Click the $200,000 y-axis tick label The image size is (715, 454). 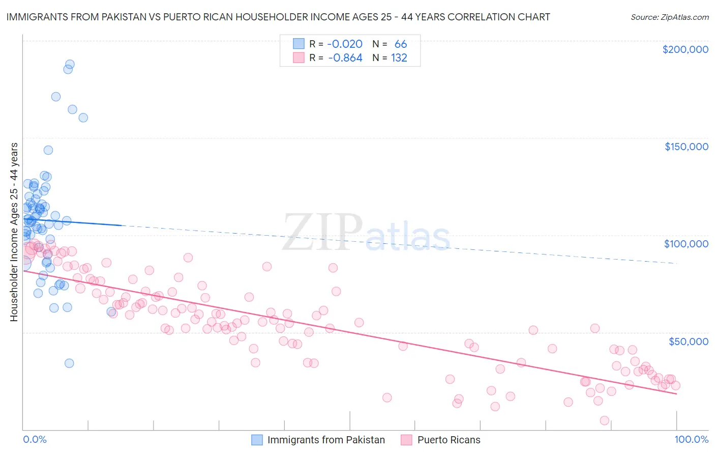click(685, 49)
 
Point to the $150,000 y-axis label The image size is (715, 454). click(686, 147)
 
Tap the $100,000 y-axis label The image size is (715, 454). click(686, 244)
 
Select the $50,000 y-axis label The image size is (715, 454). click(688, 341)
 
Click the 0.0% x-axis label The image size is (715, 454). click(35, 439)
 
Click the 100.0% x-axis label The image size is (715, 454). click(691, 439)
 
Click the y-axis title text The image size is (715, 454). click(14, 232)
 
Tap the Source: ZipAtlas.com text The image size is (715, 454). click(669, 17)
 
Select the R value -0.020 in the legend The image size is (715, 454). click(344, 44)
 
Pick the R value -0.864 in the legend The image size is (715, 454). click(345, 58)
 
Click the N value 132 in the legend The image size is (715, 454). click(399, 58)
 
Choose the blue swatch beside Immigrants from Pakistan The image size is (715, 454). click(257, 440)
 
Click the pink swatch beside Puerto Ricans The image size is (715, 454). click(406, 440)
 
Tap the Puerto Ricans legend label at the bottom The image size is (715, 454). click(449, 440)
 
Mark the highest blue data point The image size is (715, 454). click(70, 65)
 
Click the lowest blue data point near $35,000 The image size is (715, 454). click(69, 363)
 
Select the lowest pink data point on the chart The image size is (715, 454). click(605, 420)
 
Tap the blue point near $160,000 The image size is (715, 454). click(83, 118)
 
